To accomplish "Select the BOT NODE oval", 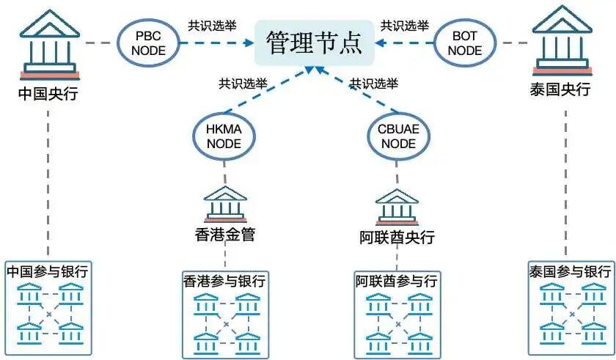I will click(x=465, y=42).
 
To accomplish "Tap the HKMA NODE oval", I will click(x=224, y=136).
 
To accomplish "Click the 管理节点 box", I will click(x=313, y=43).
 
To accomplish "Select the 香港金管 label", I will click(x=224, y=235).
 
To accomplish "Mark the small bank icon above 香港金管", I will click(x=225, y=205).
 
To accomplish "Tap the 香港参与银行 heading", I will click(x=224, y=281).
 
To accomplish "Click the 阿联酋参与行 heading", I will click(x=397, y=281).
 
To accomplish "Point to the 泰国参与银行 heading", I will click(x=569, y=271).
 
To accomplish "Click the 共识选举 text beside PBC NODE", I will click(x=212, y=25).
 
